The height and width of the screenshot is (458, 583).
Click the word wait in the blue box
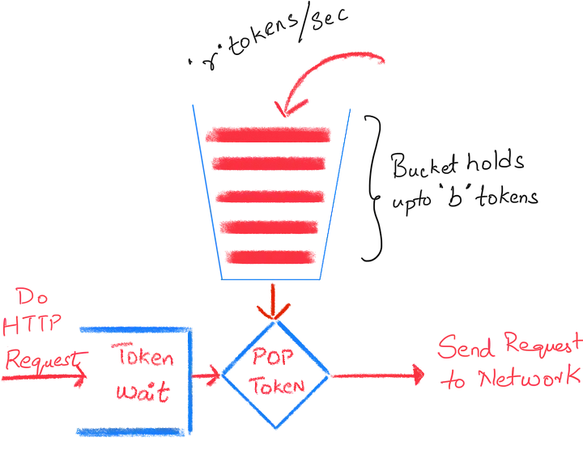point(143,392)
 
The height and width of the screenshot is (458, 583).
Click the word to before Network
point(454,380)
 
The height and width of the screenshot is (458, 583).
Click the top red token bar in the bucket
point(268,134)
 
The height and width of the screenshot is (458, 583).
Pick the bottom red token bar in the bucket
point(269,257)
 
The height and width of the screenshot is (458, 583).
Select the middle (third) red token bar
point(269,196)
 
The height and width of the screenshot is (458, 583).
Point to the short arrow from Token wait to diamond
point(207,375)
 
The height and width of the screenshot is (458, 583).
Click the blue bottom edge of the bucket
point(271,279)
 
